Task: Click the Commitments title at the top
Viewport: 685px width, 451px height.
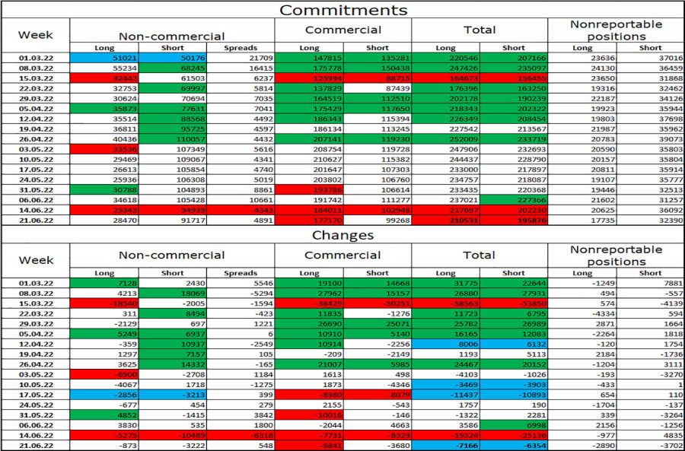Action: (342, 10)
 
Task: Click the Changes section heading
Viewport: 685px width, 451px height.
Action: (342, 236)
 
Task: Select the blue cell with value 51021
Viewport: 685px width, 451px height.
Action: (104, 57)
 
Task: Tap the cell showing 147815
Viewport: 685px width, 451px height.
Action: (308, 57)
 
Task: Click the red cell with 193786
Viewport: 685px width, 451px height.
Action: (308, 189)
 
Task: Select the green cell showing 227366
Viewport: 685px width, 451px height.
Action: (514, 199)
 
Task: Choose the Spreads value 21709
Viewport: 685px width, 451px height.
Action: (241, 57)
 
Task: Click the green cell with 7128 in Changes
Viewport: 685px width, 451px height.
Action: (104, 283)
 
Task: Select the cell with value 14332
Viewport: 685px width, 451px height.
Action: (172, 363)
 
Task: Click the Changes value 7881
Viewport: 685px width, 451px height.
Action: (650, 283)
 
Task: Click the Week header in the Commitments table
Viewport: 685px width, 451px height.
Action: (35, 35)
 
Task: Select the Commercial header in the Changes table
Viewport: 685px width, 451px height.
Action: (342, 255)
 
